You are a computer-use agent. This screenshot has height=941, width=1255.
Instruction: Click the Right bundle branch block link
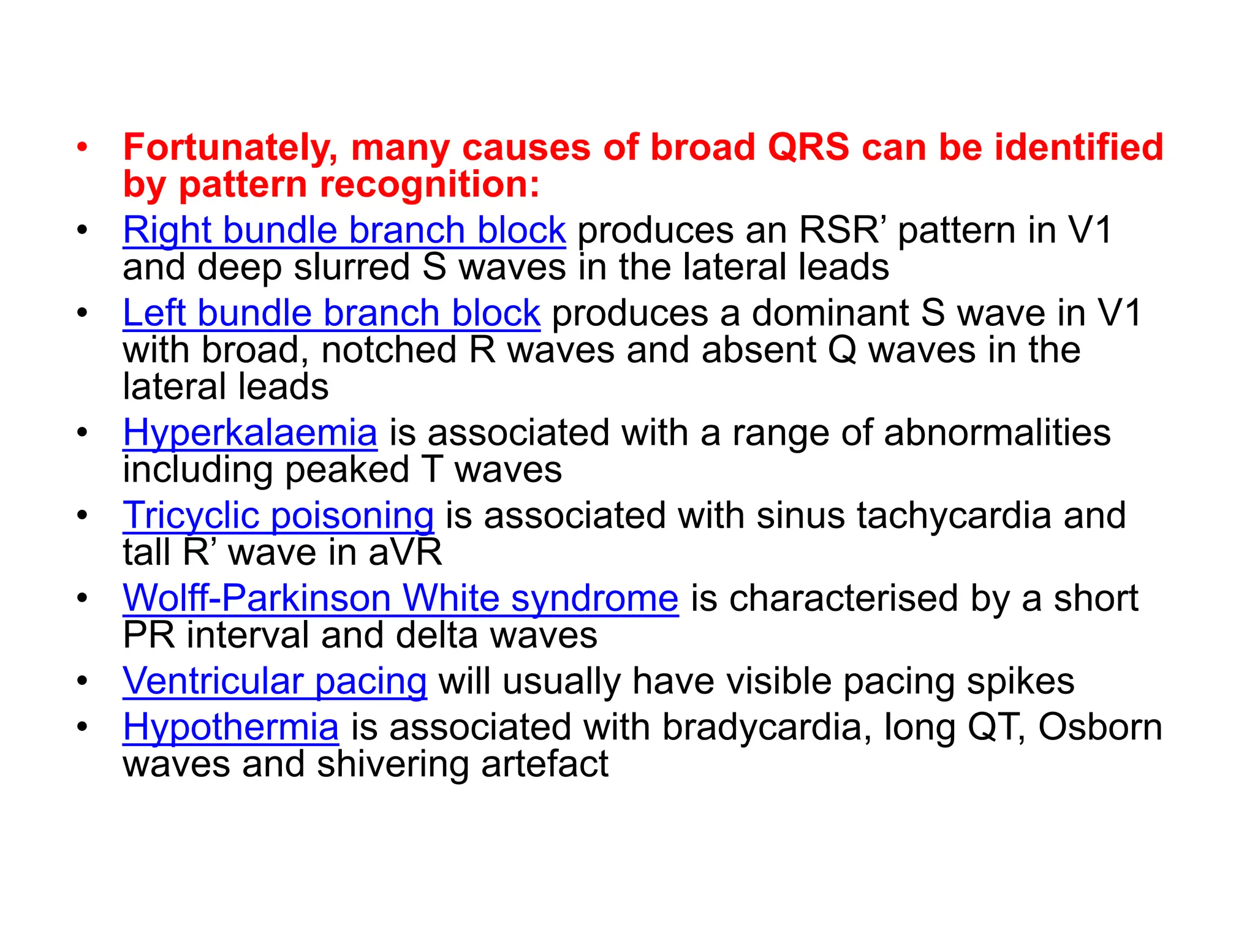(x=344, y=230)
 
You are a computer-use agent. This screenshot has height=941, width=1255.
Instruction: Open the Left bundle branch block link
(x=331, y=313)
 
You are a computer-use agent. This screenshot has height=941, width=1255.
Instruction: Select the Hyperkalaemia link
(x=249, y=433)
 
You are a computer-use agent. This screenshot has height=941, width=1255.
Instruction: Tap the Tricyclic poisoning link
(x=278, y=515)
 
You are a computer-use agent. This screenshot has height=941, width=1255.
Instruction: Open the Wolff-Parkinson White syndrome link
(x=400, y=598)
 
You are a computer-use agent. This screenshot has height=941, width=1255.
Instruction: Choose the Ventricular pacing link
(x=275, y=681)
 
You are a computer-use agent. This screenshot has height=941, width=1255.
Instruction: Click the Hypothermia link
(x=230, y=727)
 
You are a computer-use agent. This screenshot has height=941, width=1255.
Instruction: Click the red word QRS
(x=808, y=148)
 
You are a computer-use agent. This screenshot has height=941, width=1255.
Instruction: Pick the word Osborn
(x=1100, y=727)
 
